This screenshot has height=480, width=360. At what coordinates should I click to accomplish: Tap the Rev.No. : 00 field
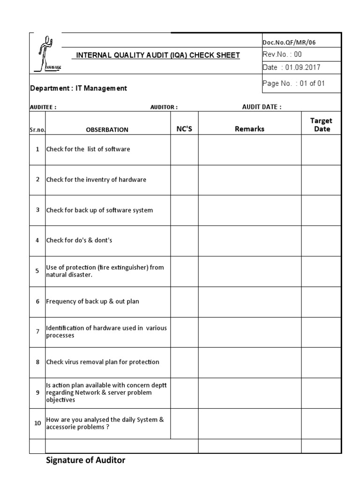[282, 54]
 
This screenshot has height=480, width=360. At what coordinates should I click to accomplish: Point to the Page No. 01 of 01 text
[293, 83]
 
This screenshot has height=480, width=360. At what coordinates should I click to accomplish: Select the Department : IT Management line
[78, 88]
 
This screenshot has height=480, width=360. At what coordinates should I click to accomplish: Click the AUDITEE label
[43, 107]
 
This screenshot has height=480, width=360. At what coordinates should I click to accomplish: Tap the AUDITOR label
[164, 107]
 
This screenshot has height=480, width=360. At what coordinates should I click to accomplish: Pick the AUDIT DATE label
[262, 107]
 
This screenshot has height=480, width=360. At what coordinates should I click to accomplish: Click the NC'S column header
[184, 129]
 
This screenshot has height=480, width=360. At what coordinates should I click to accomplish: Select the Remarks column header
[249, 129]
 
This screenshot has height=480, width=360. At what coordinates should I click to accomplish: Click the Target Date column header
[322, 125]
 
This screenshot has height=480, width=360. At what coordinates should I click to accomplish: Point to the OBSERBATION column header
[107, 130]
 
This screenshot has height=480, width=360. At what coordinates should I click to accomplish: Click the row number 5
[37, 271]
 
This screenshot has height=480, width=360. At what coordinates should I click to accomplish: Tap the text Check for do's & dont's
[79, 240]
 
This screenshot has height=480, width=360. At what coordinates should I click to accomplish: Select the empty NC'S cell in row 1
[184, 150]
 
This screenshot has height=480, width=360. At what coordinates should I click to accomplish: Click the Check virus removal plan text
[103, 362]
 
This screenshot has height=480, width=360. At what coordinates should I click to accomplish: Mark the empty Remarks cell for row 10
[249, 423]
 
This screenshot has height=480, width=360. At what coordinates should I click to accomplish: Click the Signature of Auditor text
[86, 460]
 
